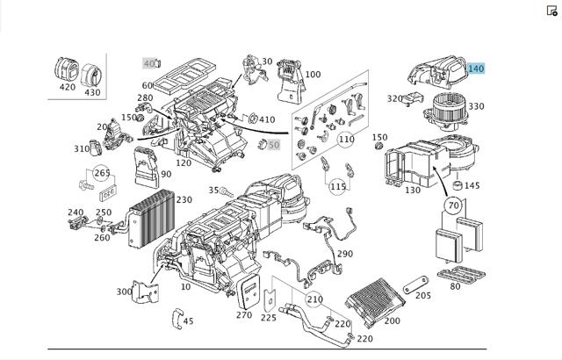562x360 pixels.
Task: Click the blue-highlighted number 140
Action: point(476,68)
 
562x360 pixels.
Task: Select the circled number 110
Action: point(346,139)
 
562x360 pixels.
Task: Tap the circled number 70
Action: point(453,205)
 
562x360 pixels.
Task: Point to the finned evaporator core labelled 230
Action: point(152,219)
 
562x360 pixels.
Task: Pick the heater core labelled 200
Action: point(375,302)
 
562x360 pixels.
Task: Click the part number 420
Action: point(68,87)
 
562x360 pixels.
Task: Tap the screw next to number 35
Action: point(227,192)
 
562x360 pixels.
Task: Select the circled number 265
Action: point(102,173)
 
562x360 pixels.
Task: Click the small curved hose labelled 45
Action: point(177,319)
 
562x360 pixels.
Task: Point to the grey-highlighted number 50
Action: point(273,145)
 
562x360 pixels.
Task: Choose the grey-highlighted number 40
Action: point(149,63)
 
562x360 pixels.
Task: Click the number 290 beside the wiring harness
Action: point(345,254)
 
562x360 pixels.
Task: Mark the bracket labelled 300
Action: point(145,292)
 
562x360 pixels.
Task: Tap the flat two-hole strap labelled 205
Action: point(415,284)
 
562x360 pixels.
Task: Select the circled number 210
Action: point(314,299)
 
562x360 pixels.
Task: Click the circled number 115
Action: point(337,186)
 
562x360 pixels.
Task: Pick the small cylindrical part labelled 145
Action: point(458,185)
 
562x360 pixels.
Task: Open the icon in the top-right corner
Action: point(552,11)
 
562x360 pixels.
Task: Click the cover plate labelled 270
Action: point(248,292)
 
